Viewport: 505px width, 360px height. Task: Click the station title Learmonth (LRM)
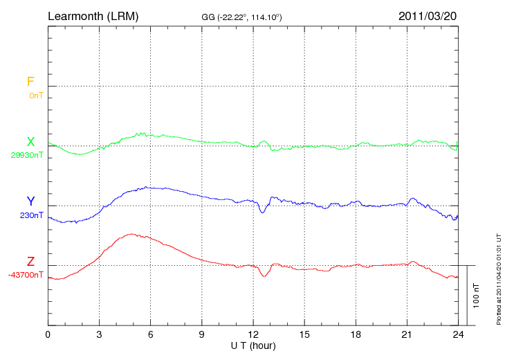click(93, 15)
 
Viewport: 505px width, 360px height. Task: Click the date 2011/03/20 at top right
click(428, 15)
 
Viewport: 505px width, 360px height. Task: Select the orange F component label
click(30, 82)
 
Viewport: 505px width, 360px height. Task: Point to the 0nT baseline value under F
click(35, 96)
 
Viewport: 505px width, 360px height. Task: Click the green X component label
click(30, 143)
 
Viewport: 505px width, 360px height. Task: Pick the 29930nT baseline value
click(27, 155)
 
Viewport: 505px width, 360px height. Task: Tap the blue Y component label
click(30, 202)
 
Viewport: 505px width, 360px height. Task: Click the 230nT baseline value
click(32, 215)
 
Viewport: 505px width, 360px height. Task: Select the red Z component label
click(30, 262)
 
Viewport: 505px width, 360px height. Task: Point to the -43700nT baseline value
click(26, 275)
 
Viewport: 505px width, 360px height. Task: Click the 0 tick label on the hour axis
click(48, 335)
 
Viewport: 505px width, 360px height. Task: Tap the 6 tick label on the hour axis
click(151, 335)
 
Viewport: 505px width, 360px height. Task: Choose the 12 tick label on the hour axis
click(253, 335)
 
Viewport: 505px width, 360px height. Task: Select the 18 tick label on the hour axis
click(356, 335)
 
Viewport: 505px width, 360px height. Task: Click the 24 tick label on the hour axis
click(458, 335)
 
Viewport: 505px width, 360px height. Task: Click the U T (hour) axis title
click(253, 345)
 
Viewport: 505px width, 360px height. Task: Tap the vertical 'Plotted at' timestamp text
click(499, 278)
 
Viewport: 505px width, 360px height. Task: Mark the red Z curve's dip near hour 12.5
click(264, 276)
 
